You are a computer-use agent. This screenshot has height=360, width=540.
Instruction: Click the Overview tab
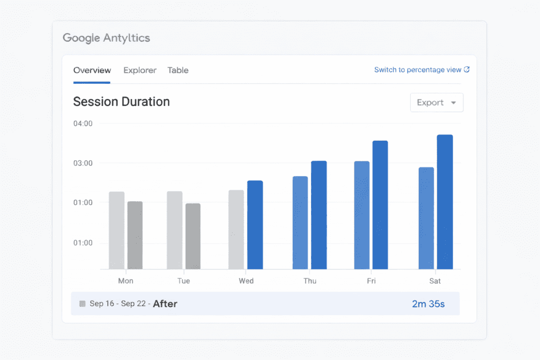tap(92, 70)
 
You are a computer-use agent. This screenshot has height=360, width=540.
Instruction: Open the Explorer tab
tap(140, 70)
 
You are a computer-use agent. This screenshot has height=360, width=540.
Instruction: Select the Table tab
tap(178, 70)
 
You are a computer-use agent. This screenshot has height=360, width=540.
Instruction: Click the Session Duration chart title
tap(121, 102)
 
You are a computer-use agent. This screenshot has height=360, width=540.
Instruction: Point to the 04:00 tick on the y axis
tap(83, 123)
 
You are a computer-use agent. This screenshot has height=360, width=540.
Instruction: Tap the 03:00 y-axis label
tap(83, 163)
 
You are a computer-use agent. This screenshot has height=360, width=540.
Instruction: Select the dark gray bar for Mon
tap(135, 235)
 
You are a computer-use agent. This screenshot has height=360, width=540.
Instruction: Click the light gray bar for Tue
tap(175, 230)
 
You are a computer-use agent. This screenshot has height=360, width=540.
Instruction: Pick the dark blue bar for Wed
tap(255, 225)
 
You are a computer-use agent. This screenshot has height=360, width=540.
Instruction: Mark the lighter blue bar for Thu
tap(300, 222)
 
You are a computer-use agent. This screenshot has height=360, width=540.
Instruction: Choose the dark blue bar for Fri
tap(380, 205)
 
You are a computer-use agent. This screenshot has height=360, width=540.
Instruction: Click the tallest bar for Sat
tap(445, 202)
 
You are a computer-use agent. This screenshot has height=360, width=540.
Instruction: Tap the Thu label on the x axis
tap(310, 281)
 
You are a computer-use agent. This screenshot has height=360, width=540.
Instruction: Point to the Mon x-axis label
tap(126, 281)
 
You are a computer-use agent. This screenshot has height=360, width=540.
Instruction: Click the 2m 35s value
tap(428, 304)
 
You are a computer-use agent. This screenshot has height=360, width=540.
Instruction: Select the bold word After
tap(165, 304)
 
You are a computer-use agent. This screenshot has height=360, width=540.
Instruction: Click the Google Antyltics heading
tap(106, 38)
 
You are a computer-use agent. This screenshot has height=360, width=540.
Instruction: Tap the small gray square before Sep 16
tap(82, 304)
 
